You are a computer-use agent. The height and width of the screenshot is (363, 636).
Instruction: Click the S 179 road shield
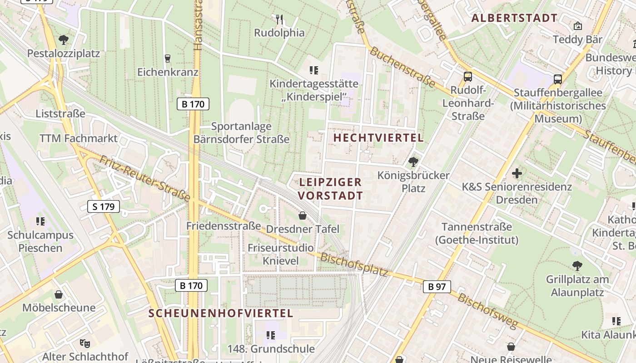coord(104,207)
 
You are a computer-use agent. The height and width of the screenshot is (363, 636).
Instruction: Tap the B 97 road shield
coord(437,286)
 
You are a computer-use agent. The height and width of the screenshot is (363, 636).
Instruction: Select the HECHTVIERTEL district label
coord(378,137)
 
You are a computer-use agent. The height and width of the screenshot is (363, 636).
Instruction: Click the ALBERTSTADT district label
coord(514,18)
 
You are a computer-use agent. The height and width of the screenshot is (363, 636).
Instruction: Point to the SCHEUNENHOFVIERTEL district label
coord(221,313)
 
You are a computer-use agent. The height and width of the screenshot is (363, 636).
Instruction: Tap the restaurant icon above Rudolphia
coord(279,20)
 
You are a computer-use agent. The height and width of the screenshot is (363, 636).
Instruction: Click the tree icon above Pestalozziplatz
coord(64,40)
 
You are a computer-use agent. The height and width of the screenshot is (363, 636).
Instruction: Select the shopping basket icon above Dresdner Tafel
coord(303,216)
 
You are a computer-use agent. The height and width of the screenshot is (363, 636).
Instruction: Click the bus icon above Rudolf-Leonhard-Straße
coord(468,77)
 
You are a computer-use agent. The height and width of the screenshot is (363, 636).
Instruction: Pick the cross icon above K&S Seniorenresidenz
coord(517,173)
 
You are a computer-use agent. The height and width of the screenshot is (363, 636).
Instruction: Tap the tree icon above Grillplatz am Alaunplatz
coord(577,265)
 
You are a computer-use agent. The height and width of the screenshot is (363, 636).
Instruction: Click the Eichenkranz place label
coord(168,72)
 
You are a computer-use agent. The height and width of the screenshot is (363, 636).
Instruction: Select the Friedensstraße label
coord(224,226)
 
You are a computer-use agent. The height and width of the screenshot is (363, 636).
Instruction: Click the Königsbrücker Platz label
coord(413,181)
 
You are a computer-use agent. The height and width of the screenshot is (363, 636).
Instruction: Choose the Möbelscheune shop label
coord(59,308)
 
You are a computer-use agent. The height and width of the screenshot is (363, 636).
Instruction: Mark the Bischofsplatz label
coord(355,264)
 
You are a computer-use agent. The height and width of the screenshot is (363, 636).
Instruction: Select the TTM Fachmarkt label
coord(79,138)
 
